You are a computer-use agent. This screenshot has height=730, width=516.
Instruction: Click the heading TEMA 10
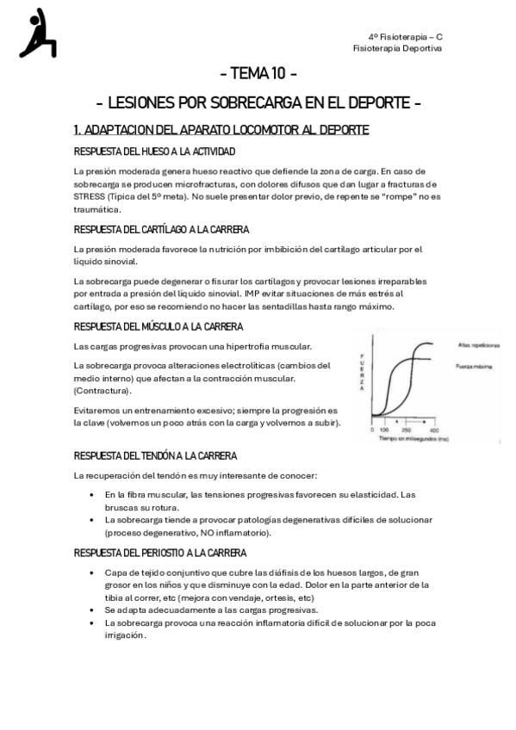click(258, 72)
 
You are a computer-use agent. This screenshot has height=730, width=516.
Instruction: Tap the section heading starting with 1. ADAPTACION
click(221, 130)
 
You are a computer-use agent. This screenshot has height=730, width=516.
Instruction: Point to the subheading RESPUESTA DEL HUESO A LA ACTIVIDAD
click(154, 152)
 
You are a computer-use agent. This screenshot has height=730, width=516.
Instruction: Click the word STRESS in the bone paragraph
click(89, 195)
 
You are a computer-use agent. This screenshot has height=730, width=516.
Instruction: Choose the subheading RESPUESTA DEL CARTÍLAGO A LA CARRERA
click(161, 230)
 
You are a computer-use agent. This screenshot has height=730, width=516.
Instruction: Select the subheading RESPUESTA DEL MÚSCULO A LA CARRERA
click(159, 327)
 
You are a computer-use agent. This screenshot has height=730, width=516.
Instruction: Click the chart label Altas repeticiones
click(478, 344)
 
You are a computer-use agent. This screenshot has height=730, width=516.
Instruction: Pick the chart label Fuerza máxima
click(473, 367)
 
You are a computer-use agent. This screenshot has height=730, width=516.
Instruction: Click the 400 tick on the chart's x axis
click(433, 429)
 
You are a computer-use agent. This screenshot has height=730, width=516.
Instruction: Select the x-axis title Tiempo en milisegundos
click(413, 438)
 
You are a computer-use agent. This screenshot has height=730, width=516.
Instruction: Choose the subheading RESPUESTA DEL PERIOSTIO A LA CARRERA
click(160, 554)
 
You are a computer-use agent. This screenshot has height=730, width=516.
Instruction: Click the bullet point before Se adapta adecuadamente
click(92, 609)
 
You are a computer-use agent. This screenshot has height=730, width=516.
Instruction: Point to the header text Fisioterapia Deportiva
click(397, 48)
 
